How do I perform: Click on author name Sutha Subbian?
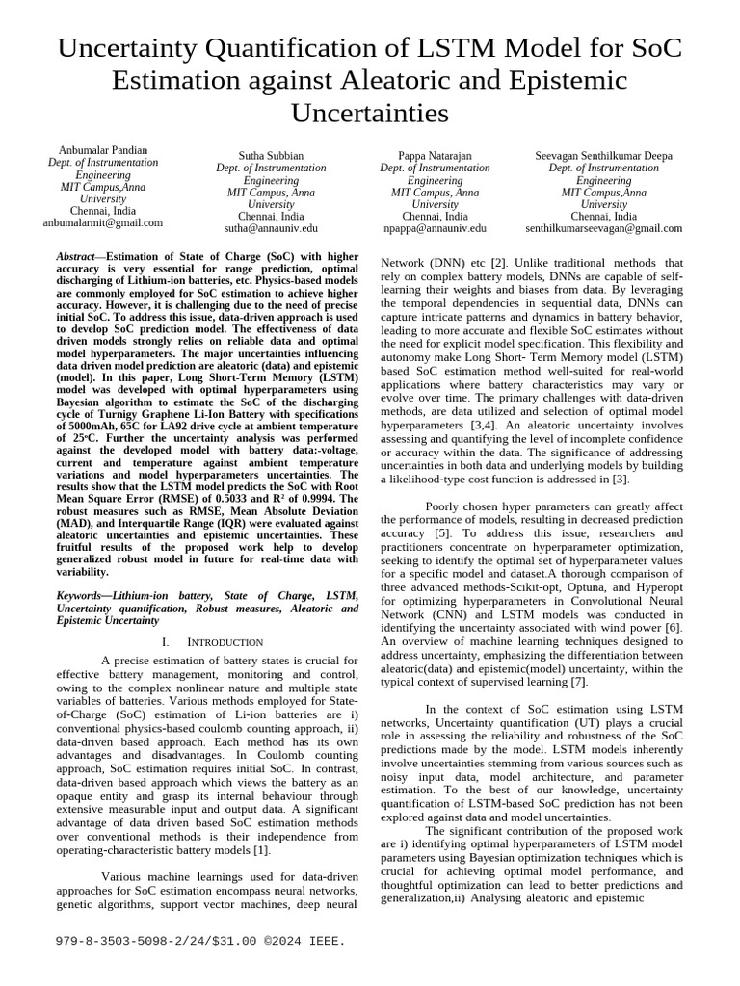pos(271,156)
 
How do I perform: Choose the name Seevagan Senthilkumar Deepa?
pos(604,156)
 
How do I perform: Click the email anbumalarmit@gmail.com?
pos(103,222)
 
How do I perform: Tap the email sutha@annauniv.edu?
pos(271,229)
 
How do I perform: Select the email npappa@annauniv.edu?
pos(435,229)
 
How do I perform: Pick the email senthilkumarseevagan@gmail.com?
pos(604,229)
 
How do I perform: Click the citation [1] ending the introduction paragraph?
pos(262,850)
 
